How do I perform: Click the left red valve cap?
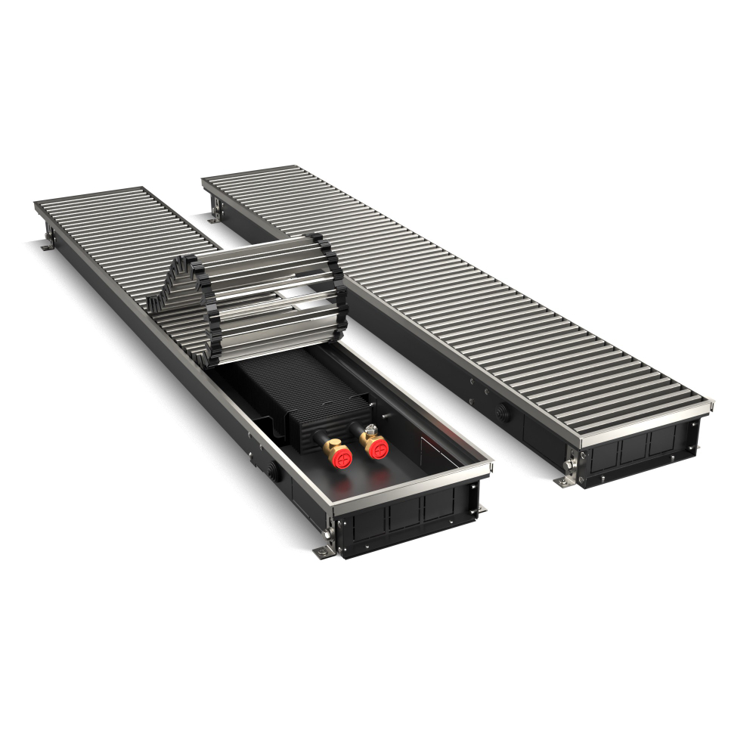point(339,459)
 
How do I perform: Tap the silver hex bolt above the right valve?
point(370,430)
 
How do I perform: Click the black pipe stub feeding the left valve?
point(321,442)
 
